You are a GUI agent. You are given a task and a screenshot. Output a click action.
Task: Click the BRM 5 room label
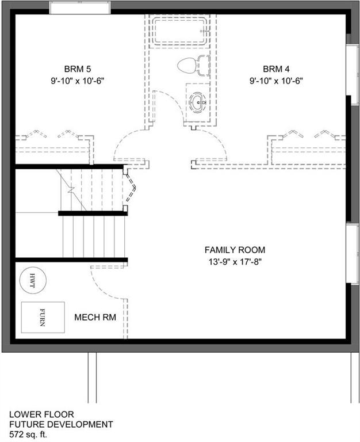[x=78, y=69]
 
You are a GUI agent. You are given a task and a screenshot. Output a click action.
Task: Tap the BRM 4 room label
[x=276, y=69]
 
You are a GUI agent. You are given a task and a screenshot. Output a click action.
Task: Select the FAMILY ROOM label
[x=235, y=250]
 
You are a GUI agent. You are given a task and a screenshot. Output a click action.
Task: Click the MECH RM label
[x=95, y=318]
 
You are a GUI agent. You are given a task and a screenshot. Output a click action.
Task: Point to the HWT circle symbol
[x=33, y=280]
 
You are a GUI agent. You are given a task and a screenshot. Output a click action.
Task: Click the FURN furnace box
[x=43, y=318]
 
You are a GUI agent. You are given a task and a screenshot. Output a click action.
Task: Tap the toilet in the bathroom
[x=194, y=66]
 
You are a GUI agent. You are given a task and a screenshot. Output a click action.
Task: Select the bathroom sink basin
[x=198, y=102]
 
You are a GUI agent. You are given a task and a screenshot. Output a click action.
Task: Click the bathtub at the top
[x=179, y=31]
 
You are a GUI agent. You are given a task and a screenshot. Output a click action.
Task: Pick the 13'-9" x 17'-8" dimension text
[x=235, y=262]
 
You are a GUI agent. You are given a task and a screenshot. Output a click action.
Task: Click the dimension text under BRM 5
[x=78, y=81]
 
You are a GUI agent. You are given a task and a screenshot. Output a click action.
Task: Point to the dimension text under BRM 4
[x=276, y=81]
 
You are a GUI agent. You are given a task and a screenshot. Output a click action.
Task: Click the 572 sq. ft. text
[x=28, y=434]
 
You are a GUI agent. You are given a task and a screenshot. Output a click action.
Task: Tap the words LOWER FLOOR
[x=41, y=414]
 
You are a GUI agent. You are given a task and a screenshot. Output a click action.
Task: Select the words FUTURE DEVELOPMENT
[x=61, y=424]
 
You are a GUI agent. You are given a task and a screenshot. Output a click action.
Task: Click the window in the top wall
[x=80, y=7]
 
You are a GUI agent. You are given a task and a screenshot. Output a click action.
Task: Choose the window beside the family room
[x=353, y=253]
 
